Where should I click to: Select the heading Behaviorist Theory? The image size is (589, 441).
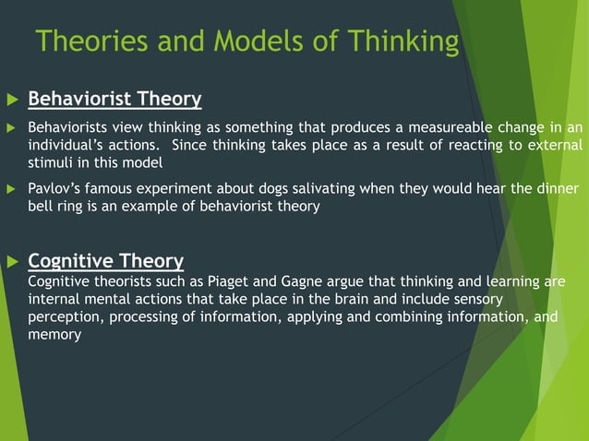(x=114, y=98)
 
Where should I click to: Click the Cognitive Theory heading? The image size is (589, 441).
(x=105, y=260)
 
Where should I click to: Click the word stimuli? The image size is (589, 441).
(x=52, y=164)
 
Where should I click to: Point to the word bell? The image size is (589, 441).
(x=42, y=207)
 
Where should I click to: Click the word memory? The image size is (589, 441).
(x=54, y=335)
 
